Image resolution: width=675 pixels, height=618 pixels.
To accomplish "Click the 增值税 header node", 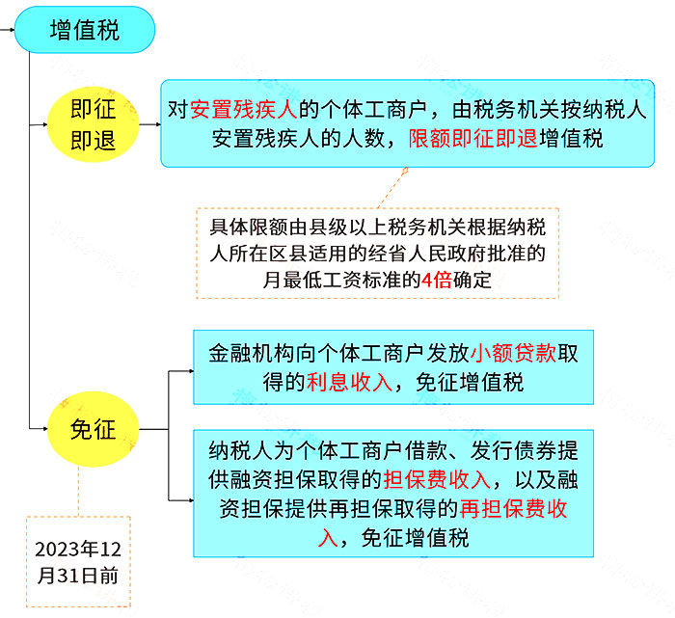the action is coord(85,30).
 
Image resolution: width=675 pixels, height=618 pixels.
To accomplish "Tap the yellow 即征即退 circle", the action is coord(93,124).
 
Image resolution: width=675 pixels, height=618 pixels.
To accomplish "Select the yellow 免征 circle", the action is coord(93,429).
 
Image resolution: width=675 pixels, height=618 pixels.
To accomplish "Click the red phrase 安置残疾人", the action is coord(244,109).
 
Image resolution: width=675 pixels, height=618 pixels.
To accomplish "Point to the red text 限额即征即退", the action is coord(473,139).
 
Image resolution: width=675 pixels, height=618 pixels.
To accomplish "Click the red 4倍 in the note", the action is coord(437,281).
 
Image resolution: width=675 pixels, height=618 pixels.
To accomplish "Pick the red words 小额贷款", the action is coord(513,353).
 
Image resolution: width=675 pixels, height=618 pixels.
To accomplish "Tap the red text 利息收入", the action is coord(349,382).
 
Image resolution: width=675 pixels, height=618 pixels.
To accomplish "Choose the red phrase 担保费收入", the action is coord(437,479).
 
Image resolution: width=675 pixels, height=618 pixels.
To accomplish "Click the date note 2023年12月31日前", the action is coord(78,562).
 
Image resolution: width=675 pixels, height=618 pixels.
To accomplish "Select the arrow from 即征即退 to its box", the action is coord(150,124).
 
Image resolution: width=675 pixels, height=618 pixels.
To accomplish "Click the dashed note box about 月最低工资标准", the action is coord(378,253).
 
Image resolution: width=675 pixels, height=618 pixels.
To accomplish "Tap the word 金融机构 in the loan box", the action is coord(252,353).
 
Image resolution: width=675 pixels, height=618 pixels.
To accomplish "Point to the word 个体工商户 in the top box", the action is coord(374,109).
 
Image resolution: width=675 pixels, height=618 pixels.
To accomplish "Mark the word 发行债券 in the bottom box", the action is coord(513,450).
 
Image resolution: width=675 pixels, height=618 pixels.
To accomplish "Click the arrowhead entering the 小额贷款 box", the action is coord(192,371).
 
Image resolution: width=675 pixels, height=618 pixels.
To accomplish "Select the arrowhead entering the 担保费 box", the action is coord(192,500).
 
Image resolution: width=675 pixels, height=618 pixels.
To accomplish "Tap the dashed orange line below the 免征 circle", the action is coord(78,492).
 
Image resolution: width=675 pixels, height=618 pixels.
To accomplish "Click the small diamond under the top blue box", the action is coord(405,171).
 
